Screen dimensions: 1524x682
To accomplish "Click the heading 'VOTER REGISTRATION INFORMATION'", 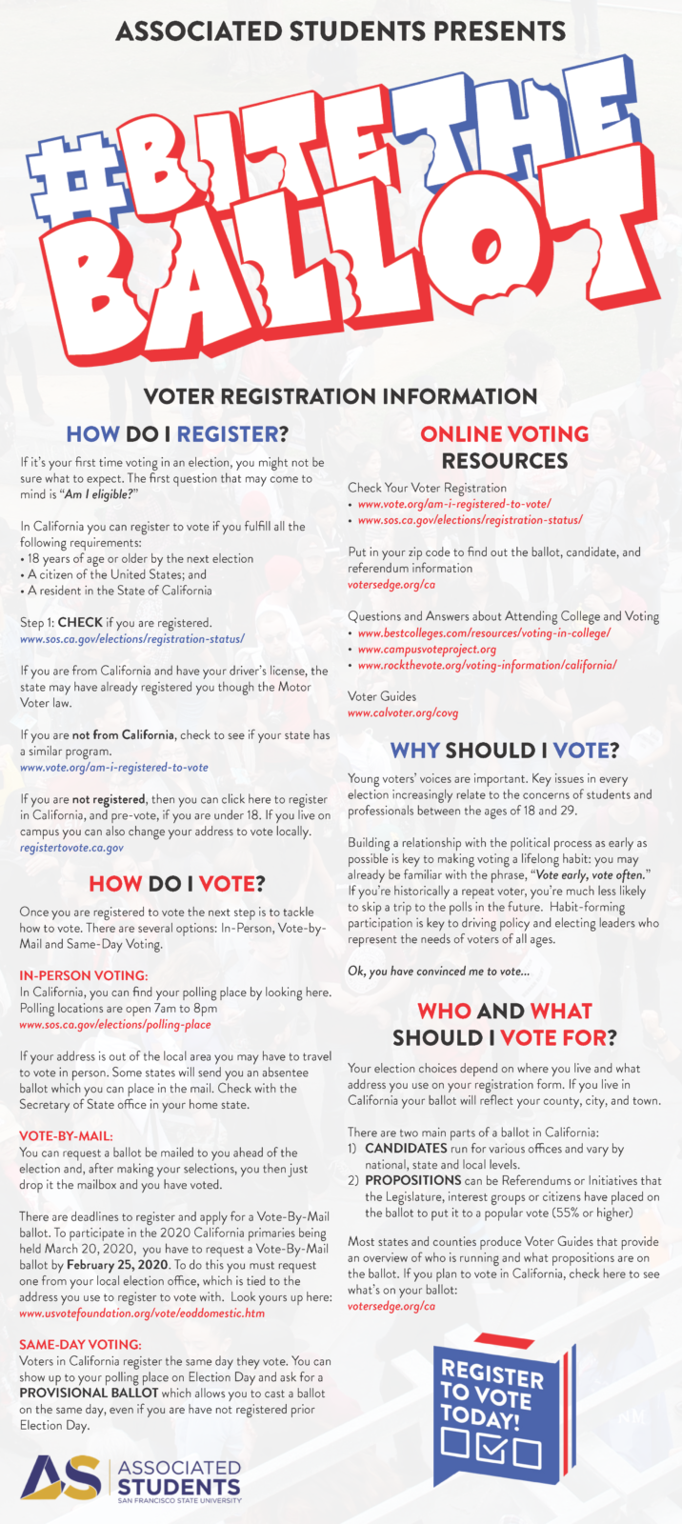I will (x=340, y=397).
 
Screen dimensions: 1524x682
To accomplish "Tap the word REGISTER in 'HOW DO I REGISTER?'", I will (x=228, y=434).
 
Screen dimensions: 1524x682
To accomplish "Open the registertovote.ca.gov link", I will (x=71, y=846).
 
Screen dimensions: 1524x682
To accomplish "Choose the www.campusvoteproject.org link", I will (x=427, y=650).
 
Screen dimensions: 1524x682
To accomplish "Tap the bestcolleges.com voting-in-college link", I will (x=484, y=633).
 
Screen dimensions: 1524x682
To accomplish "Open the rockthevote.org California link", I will (x=487, y=665).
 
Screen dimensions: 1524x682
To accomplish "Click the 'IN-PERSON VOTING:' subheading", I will (x=84, y=975).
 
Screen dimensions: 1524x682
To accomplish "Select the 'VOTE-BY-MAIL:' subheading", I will (x=67, y=1136).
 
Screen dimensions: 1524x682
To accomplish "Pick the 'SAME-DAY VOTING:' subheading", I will (x=80, y=1345).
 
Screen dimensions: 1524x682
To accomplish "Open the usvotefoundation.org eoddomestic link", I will (x=142, y=1313).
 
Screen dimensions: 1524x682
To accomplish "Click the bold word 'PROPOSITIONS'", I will (x=413, y=1180).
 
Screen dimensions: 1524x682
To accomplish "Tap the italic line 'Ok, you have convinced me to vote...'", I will (x=438, y=971).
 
